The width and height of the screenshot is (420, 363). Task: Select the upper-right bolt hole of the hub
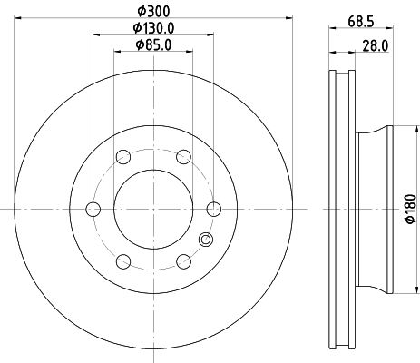pos(183,157)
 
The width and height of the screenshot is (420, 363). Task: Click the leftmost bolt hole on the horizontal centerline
pos(92,210)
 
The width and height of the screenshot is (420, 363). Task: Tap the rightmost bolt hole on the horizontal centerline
pos(214,210)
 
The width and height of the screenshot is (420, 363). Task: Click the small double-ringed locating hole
pos(205,240)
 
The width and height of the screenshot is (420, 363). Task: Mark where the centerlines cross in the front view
pos(152,210)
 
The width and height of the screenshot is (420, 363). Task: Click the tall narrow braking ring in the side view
pos(337,210)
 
